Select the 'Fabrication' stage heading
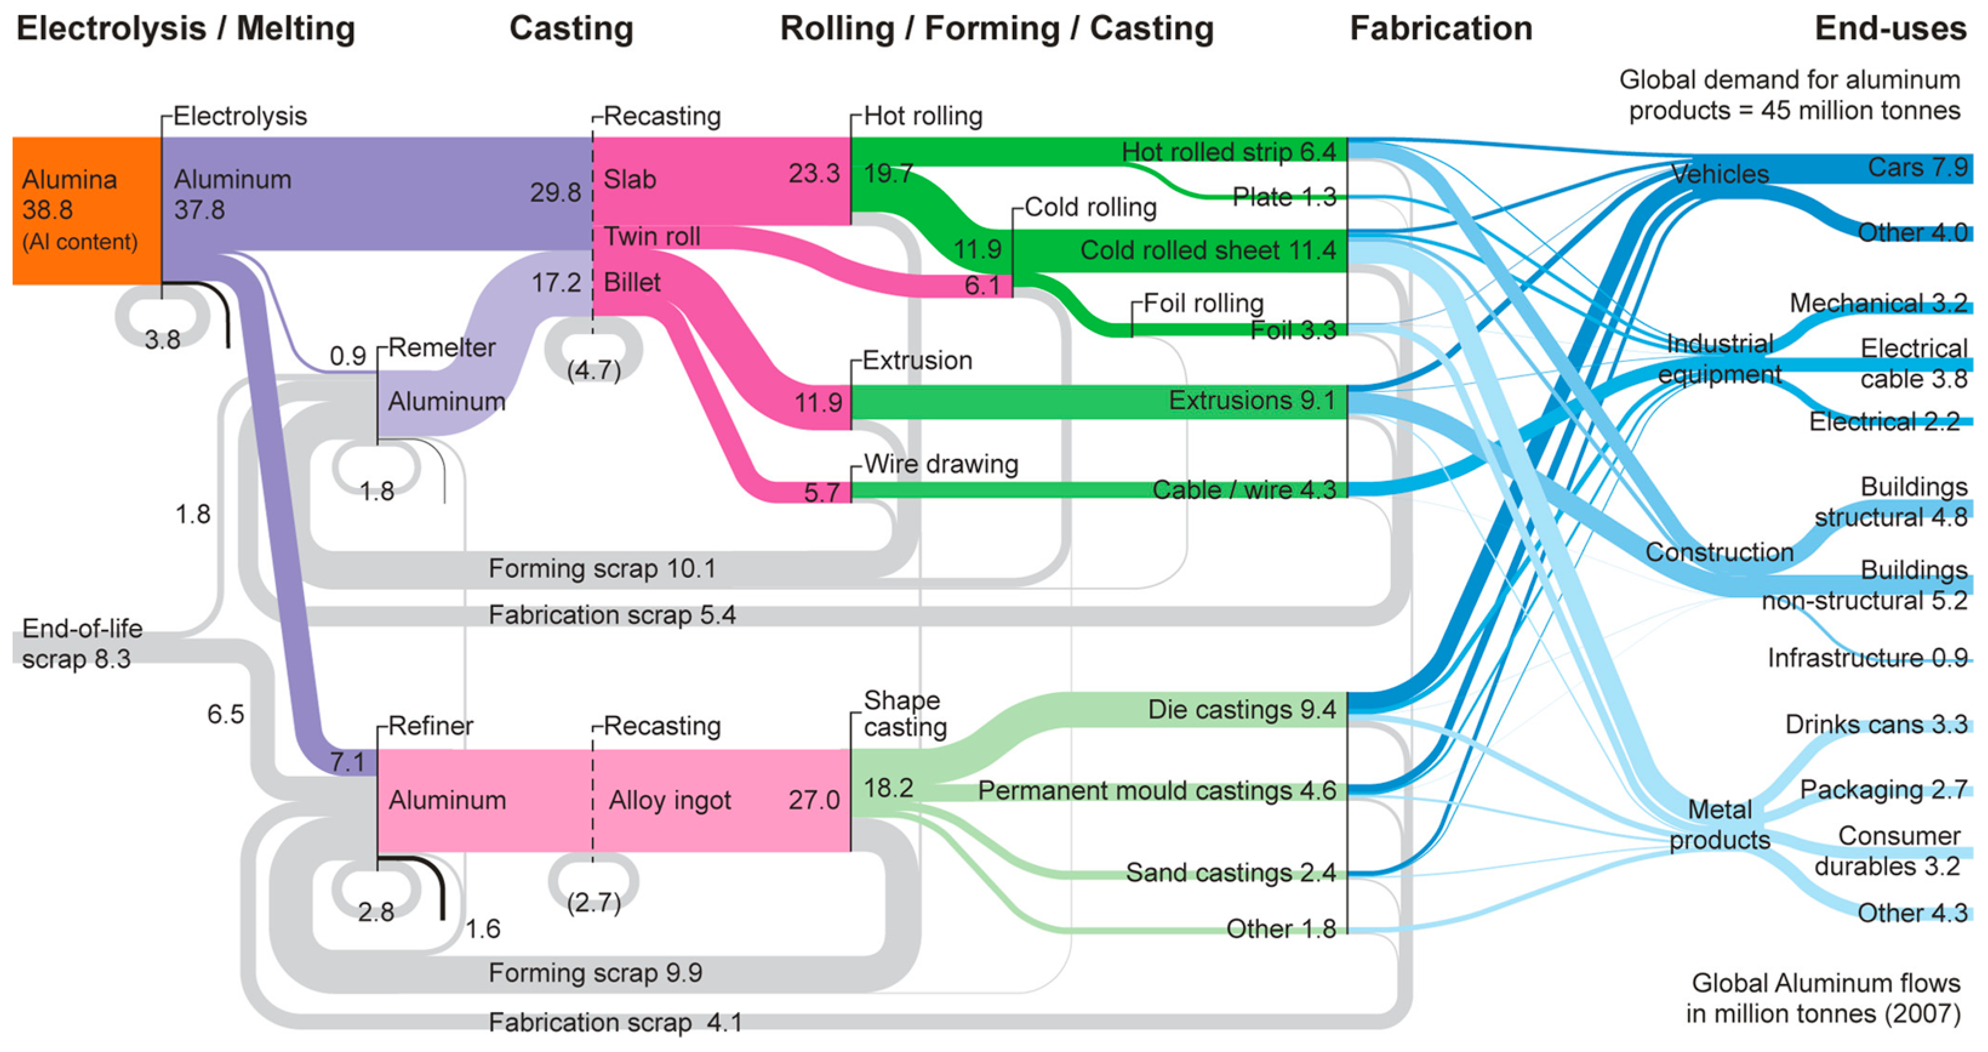coord(1440,28)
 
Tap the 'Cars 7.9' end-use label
coord(1917,167)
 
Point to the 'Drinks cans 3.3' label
coord(1875,724)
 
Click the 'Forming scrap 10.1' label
coord(602,569)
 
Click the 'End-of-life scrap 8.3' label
coord(81,644)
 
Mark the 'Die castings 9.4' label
coord(1241,709)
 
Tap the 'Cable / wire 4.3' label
coord(1243,489)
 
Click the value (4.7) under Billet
coord(593,370)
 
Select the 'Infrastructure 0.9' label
coord(1867,658)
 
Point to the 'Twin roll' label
coord(652,236)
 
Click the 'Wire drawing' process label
coord(941,464)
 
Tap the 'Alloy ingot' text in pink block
coord(669,800)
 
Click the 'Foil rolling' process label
coord(1203,303)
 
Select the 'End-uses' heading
coord(1890,28)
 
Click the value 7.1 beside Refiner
coord(347,763)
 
